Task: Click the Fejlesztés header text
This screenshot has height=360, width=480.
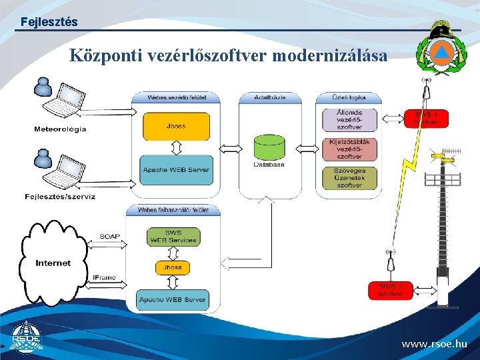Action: pos(49,22)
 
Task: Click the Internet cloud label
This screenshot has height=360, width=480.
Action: pos(53,263)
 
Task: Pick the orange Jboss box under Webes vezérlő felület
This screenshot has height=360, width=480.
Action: pos(176,126)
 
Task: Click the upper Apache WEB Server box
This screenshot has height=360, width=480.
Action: pos(176,170)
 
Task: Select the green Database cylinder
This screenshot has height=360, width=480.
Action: pos(269,149)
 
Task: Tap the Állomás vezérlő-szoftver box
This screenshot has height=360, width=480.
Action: pos(349,119)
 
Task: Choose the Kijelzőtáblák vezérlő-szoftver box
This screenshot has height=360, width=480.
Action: pos(349,149)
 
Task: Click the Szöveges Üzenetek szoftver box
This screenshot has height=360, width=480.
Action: pos(349,178)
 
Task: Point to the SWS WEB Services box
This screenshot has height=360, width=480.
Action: pos(172,237)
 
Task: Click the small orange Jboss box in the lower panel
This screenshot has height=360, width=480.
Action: pos(172,267)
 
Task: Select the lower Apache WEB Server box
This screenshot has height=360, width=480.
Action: pos(172,299)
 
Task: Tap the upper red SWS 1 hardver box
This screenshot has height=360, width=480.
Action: pos(427,118)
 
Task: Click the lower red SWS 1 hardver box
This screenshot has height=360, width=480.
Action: pos(391,291)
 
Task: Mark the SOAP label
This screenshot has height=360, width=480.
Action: pos(110,236)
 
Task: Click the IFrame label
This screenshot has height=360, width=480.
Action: pos(104,277)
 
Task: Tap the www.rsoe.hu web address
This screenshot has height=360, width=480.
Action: pos(434,345)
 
